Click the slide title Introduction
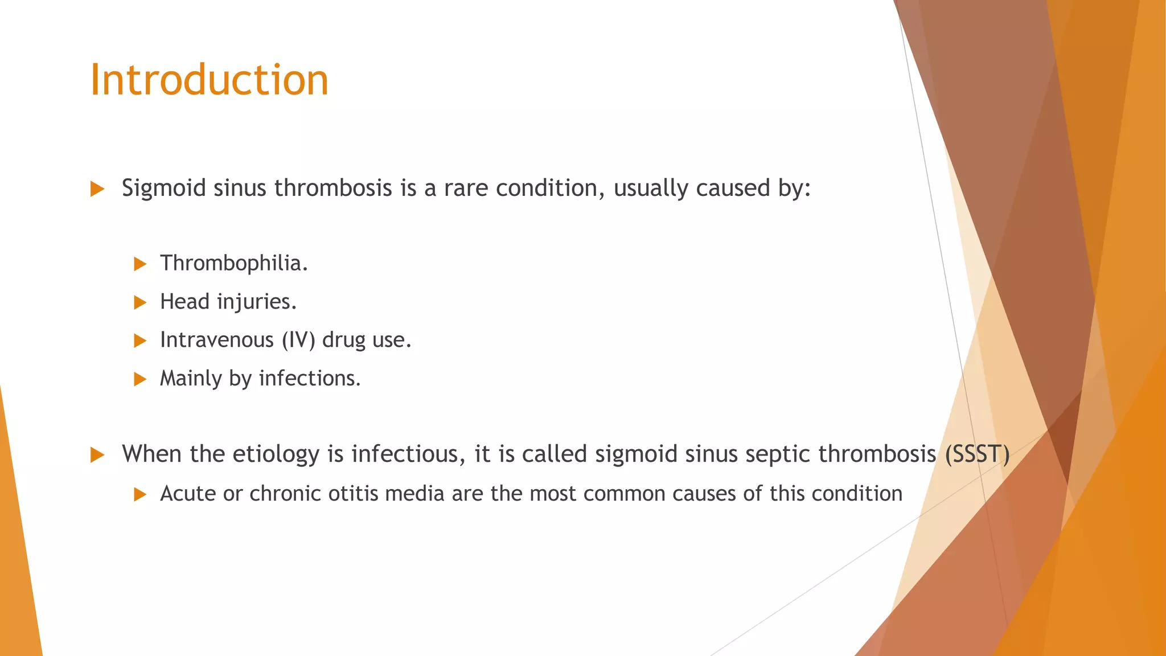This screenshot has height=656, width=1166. click(209, 80)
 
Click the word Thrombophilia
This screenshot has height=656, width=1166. click(233, 263)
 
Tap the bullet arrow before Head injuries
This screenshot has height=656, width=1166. click(140, 302)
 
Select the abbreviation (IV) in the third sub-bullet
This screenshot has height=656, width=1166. click(298, 340)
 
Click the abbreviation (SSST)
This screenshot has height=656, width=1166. click(977, 454)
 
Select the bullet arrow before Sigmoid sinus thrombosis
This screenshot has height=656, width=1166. click(97, 189)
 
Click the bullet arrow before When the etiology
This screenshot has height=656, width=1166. click(97, 455)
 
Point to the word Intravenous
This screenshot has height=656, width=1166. click(217, 340)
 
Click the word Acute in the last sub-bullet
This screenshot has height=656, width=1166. click(187, 493)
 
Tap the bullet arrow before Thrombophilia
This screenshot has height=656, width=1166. click(140, 264)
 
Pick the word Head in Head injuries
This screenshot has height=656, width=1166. click(184, 302)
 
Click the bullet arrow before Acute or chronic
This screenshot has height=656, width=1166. click(140, 494)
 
